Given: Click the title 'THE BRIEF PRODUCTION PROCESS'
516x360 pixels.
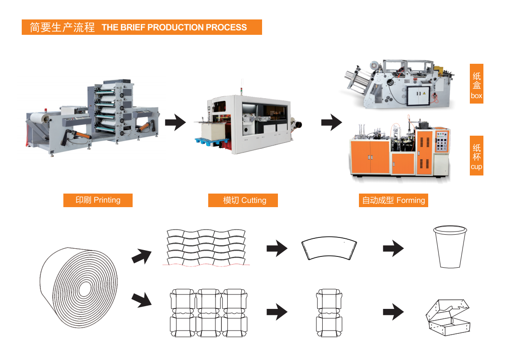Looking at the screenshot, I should tap(174, 27).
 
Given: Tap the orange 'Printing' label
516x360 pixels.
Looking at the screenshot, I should tap(98, 200).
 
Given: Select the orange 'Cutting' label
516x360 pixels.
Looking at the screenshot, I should tap(243, 200).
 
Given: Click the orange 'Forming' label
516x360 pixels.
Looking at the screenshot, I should tap(393, 200).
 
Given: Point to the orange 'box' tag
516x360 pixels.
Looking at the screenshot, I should tap(476, 84).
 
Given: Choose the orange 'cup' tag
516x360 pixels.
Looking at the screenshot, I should tap(476, 155).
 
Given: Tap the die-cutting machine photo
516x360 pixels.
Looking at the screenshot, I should tap(247, 125).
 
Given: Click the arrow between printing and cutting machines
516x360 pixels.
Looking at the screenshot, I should tap(175, 123).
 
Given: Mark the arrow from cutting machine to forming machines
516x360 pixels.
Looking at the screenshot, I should tap(331, 122).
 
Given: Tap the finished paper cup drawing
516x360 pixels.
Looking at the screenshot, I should tap(449, 247).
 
